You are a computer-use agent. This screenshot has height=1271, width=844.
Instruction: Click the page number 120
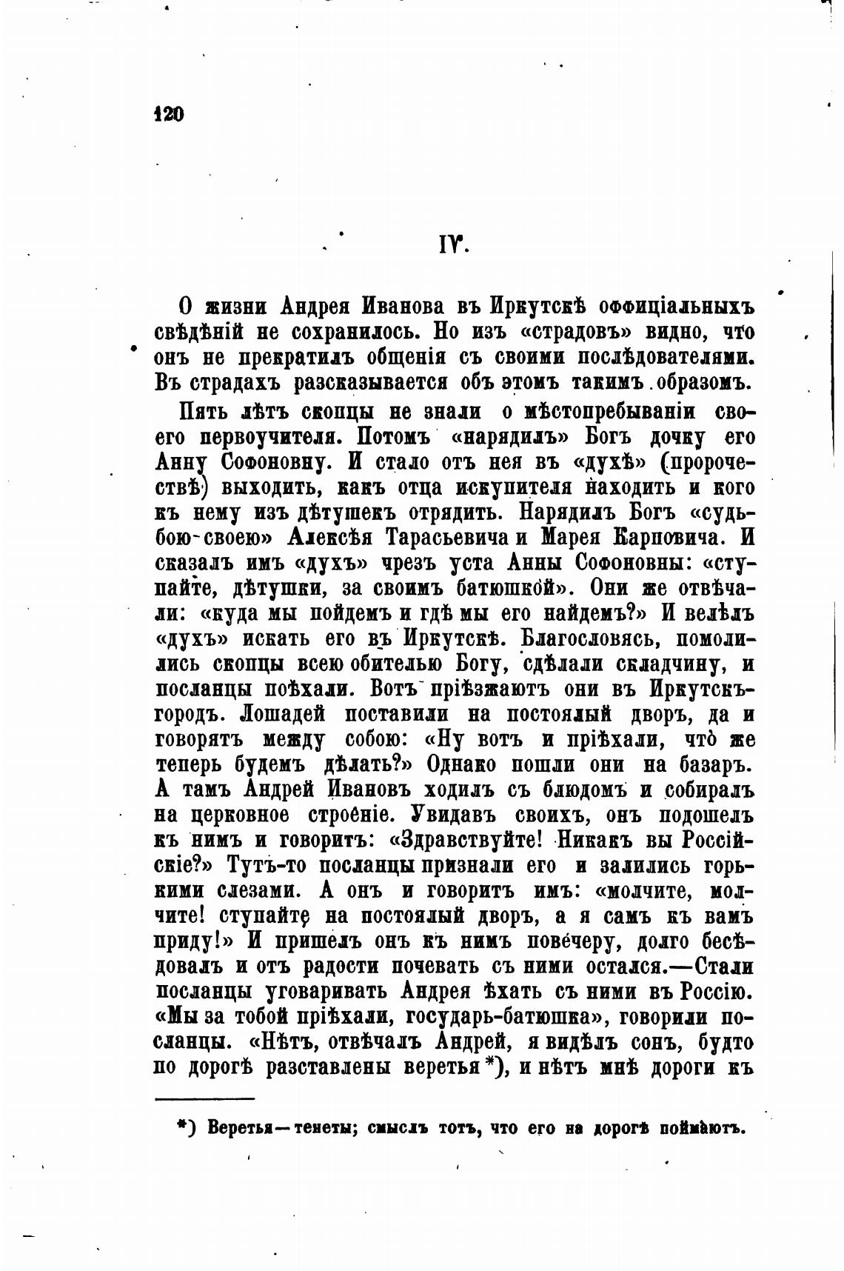point(168,114)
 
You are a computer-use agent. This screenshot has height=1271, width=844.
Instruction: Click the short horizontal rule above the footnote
point(204,1098)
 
